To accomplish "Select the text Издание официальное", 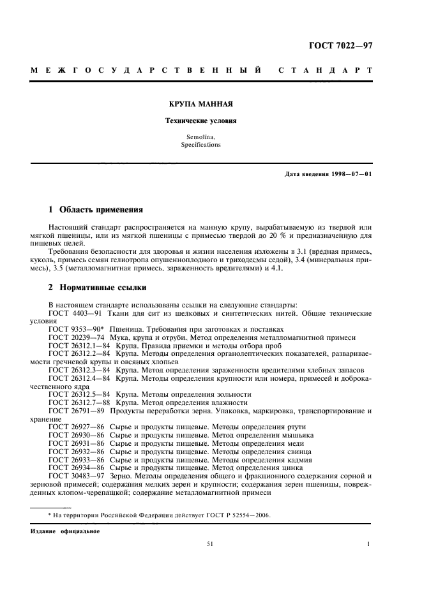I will tap(64, 531).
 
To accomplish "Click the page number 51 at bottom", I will tap(209, 544).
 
